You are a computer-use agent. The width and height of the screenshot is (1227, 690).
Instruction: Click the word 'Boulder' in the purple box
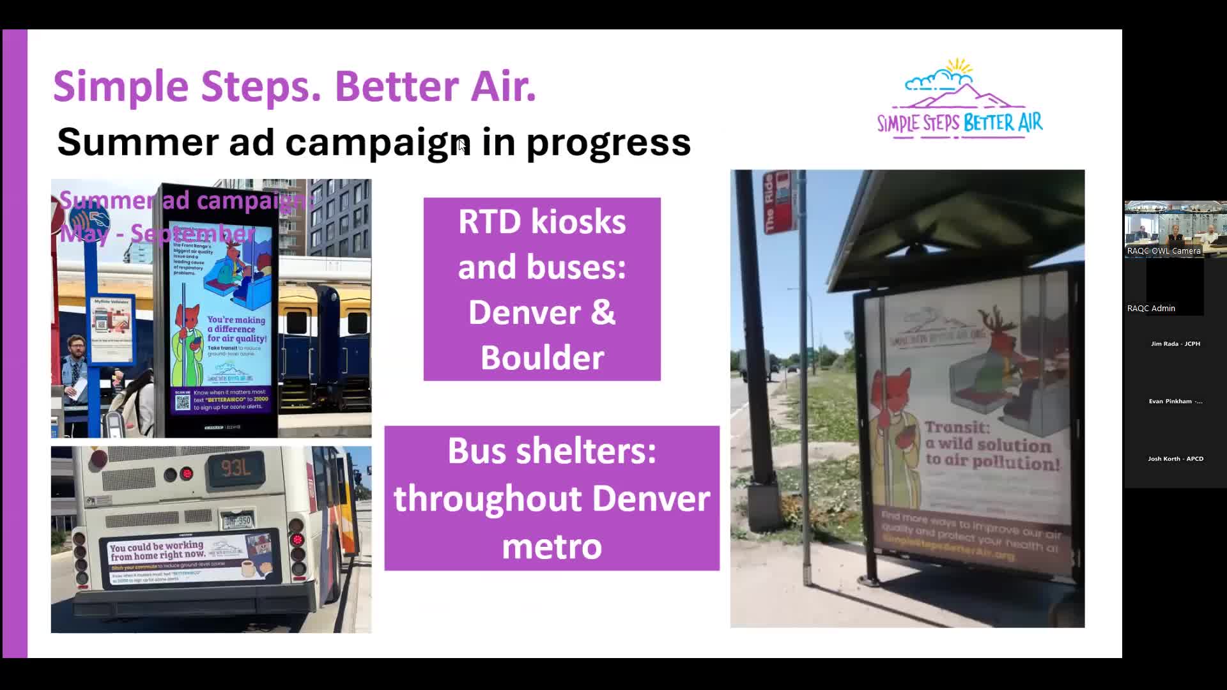(x=542, y=357)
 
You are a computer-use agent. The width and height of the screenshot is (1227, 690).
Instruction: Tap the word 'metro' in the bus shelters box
(x=552, y=546)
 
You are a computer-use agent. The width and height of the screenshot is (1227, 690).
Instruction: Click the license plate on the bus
(x=237, y=521)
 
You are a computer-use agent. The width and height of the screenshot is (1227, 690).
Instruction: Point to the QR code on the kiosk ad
(x=183, y=402)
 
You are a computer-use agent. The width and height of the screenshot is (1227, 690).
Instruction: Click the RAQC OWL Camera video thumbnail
(x=1175, y=229)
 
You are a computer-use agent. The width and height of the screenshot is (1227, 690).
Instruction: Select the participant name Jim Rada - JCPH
(x=1175, y=344)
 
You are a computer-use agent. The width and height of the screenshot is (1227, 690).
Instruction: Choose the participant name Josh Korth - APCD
(x=1175, y=459)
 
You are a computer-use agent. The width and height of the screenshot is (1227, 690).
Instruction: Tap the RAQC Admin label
(x=1151, y=308)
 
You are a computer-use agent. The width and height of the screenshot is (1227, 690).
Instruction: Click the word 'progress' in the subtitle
(x=608, y=142)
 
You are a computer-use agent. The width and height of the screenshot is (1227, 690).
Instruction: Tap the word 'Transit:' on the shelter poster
(x=957, y=427)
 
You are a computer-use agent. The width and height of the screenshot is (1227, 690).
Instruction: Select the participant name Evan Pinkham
(x=1175, y=401)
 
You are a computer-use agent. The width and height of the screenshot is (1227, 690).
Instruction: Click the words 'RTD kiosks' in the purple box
(x=542, y=222)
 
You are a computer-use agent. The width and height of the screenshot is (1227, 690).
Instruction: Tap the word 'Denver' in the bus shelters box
(x=651, y=499)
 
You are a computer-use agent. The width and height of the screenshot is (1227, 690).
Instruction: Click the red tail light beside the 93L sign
(x=186, y=474)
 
